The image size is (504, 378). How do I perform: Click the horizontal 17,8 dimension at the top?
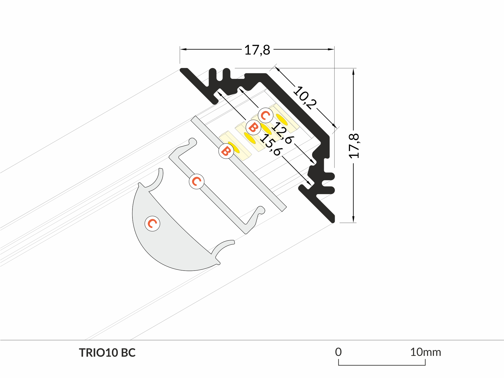click(257, 50)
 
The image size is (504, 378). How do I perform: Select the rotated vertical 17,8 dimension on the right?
click(354, 146)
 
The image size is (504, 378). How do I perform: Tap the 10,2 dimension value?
click(305, 98)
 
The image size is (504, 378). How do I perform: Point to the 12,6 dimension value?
click(283, 132)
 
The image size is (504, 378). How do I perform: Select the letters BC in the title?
click(128, 353)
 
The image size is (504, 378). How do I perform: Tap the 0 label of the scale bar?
click(338, 352)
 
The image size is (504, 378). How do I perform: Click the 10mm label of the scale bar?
click(425, 352)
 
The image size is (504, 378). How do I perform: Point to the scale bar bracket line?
click(382, 365)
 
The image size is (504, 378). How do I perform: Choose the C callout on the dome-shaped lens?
click(152, 223)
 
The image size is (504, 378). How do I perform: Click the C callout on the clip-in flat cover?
click(196, 182)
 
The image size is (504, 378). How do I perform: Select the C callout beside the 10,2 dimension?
click(265, 115)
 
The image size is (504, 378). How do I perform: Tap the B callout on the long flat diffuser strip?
click(226, 151)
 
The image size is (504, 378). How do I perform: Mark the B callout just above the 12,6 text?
click(253, 127)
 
